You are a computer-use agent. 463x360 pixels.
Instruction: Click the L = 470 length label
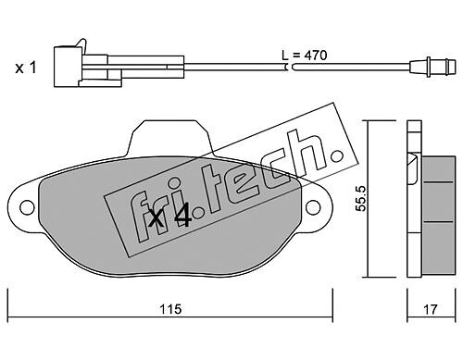click(304, 56)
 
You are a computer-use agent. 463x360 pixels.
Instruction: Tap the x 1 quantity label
click(26, 68)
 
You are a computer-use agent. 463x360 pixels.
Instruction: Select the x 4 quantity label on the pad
click(169, 217)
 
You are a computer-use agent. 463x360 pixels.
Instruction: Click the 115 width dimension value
click(170, 309)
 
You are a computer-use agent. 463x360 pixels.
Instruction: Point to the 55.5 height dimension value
click(360, 198)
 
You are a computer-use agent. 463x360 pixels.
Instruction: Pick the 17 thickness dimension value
click(431, 309)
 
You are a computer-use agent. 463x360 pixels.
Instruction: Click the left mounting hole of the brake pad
click(27, 206)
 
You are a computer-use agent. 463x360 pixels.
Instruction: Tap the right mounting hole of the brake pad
click(313, 206)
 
